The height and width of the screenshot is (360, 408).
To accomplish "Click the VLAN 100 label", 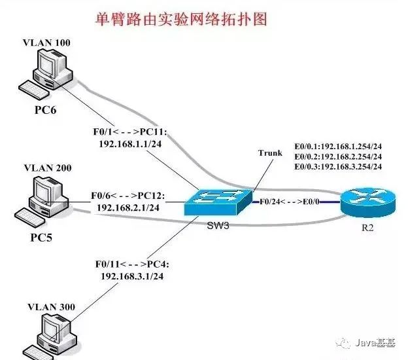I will point(46,43).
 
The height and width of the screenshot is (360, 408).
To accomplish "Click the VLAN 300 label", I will point(47,306).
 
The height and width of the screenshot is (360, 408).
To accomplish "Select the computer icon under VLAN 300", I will point(52,337).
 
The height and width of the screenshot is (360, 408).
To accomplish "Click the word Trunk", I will point(270,153).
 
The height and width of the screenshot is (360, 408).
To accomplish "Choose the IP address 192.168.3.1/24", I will point(130,276).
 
